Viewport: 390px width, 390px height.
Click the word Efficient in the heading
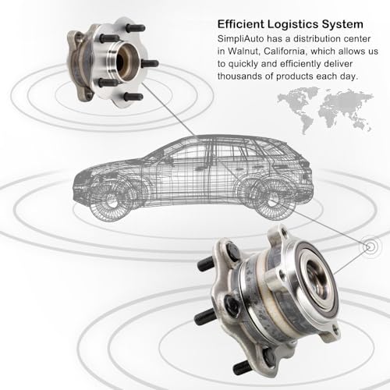coord(240,24)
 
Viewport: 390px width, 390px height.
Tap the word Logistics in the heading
coord(292,25)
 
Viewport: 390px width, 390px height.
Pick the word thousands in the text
coord(243,76)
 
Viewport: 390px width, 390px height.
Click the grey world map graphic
coord(325,110)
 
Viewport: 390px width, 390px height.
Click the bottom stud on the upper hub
coord(133,97)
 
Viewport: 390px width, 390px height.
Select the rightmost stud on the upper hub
coord(151,63)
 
